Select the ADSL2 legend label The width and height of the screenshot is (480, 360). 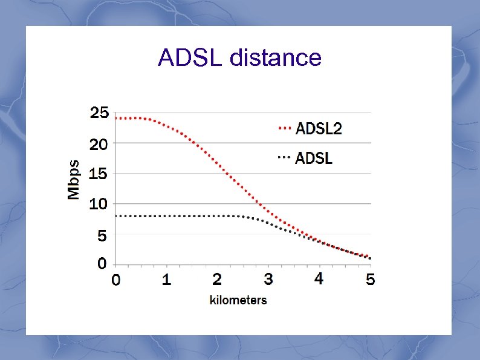click(319, 128)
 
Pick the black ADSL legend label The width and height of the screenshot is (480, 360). click(314, 159)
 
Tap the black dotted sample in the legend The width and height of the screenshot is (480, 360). click(284, 157)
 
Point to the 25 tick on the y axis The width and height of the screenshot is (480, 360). click(99, 113)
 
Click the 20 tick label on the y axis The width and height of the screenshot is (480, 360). click(99, 144)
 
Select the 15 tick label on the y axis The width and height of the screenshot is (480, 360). click(99, 174)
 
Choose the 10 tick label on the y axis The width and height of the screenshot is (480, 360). click(99, 204)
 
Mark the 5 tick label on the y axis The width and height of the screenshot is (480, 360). click(102, 235)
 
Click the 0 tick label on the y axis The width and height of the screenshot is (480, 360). click(102, 264)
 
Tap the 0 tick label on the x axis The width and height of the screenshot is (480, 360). click(115, 280)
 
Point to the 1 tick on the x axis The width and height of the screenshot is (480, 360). click(167, 280)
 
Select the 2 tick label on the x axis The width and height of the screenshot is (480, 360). click(218, 280)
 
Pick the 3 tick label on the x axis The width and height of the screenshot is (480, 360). click(268, 280)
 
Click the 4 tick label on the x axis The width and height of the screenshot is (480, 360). click(319, 279)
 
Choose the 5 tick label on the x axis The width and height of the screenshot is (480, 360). click(370, 280)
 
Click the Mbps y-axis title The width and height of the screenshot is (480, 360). click(73, 180)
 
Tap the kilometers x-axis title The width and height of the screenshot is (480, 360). click(238, 299)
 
